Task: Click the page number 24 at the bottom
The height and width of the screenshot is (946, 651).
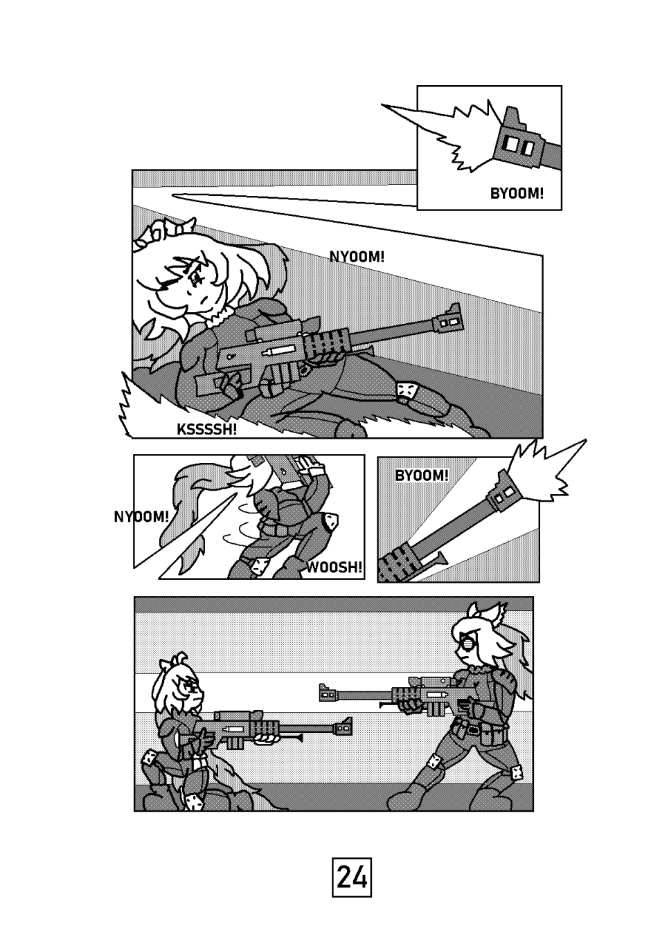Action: pyautogui.click(x=352, y=878)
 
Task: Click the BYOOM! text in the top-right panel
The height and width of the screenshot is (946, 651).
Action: pyautogui.click(x=517, y=194)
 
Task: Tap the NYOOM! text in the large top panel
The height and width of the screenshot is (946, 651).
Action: pyautogui.click(x=357, y=256)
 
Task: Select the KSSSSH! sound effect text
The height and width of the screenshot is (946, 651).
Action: pyautogui.click(x=206, y=430)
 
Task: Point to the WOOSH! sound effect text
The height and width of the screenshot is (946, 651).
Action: pyautogui.click(x=334, y=567)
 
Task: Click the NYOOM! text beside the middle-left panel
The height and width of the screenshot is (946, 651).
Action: pyautogui.click(x=141, y=516)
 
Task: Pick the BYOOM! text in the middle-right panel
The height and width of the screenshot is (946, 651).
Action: pyautogui.click(x=422, y=475)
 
